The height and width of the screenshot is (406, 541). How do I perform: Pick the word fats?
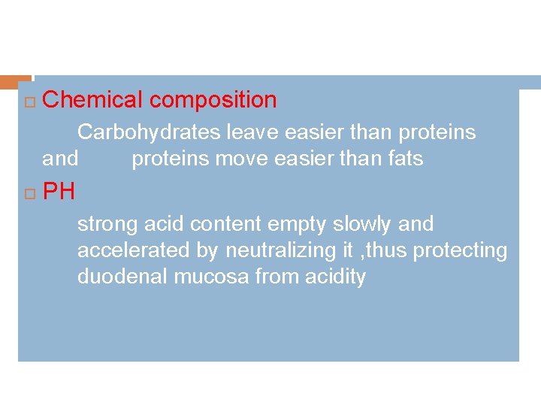click(x=407, y=159)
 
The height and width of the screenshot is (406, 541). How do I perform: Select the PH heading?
click(x=59, y=192)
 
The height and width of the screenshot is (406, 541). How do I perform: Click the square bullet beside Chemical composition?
click(x=29, y=101)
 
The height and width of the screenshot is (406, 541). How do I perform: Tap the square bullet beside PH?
click(x=29, y=194)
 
